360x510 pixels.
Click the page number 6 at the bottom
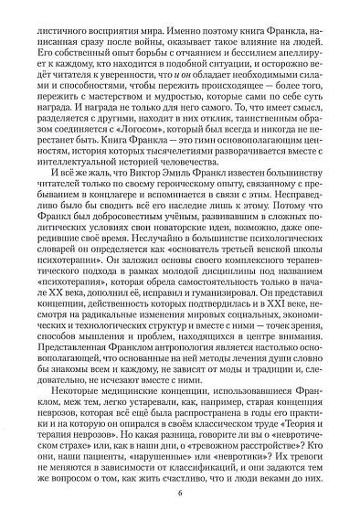(x=180, y=494)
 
